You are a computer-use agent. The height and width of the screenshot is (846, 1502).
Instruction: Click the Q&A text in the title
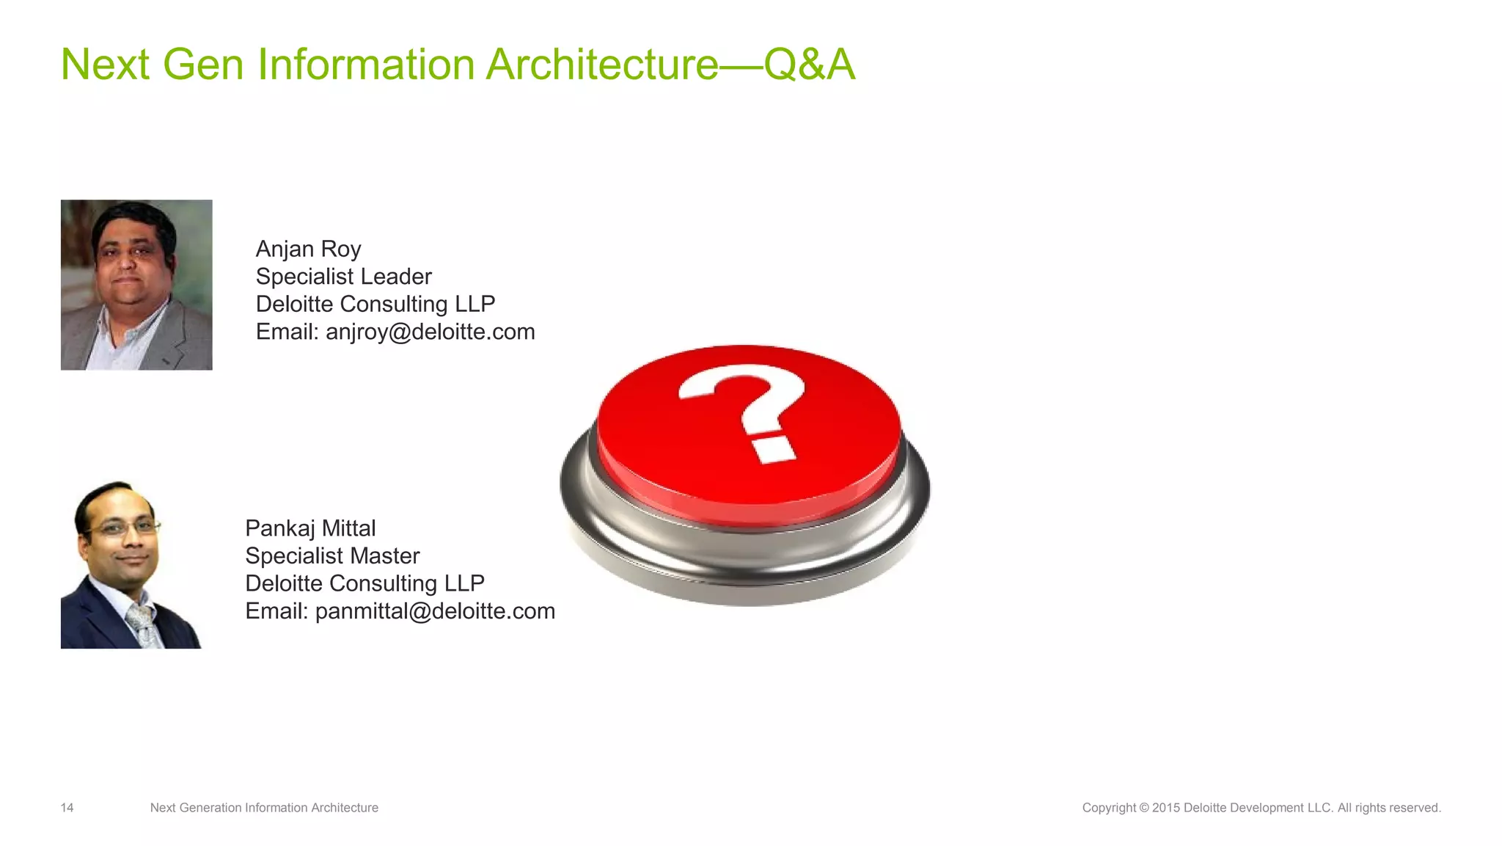click(809, 65)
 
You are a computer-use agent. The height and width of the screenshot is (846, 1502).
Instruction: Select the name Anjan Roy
click(308, 249)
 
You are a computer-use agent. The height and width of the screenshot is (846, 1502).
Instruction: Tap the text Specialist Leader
click(343, 277)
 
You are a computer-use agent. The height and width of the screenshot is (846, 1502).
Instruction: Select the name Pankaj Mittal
click(310, 528)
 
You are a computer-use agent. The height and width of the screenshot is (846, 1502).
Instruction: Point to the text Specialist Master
click(332, 556)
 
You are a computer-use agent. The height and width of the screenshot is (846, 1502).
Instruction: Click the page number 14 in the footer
click(67, 808)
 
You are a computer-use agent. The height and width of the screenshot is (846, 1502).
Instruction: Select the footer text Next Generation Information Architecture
click(264, 808)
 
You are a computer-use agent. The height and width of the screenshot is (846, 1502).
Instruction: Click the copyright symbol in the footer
click(1143, 808)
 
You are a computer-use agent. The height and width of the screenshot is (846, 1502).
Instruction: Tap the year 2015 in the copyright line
click(1165, 808)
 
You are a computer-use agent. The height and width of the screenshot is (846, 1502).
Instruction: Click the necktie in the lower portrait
click(142, 624)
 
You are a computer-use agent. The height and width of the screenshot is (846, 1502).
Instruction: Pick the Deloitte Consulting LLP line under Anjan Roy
click(375, 304)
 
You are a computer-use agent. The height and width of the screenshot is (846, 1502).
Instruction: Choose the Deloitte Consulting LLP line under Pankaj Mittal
click(364, 583)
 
